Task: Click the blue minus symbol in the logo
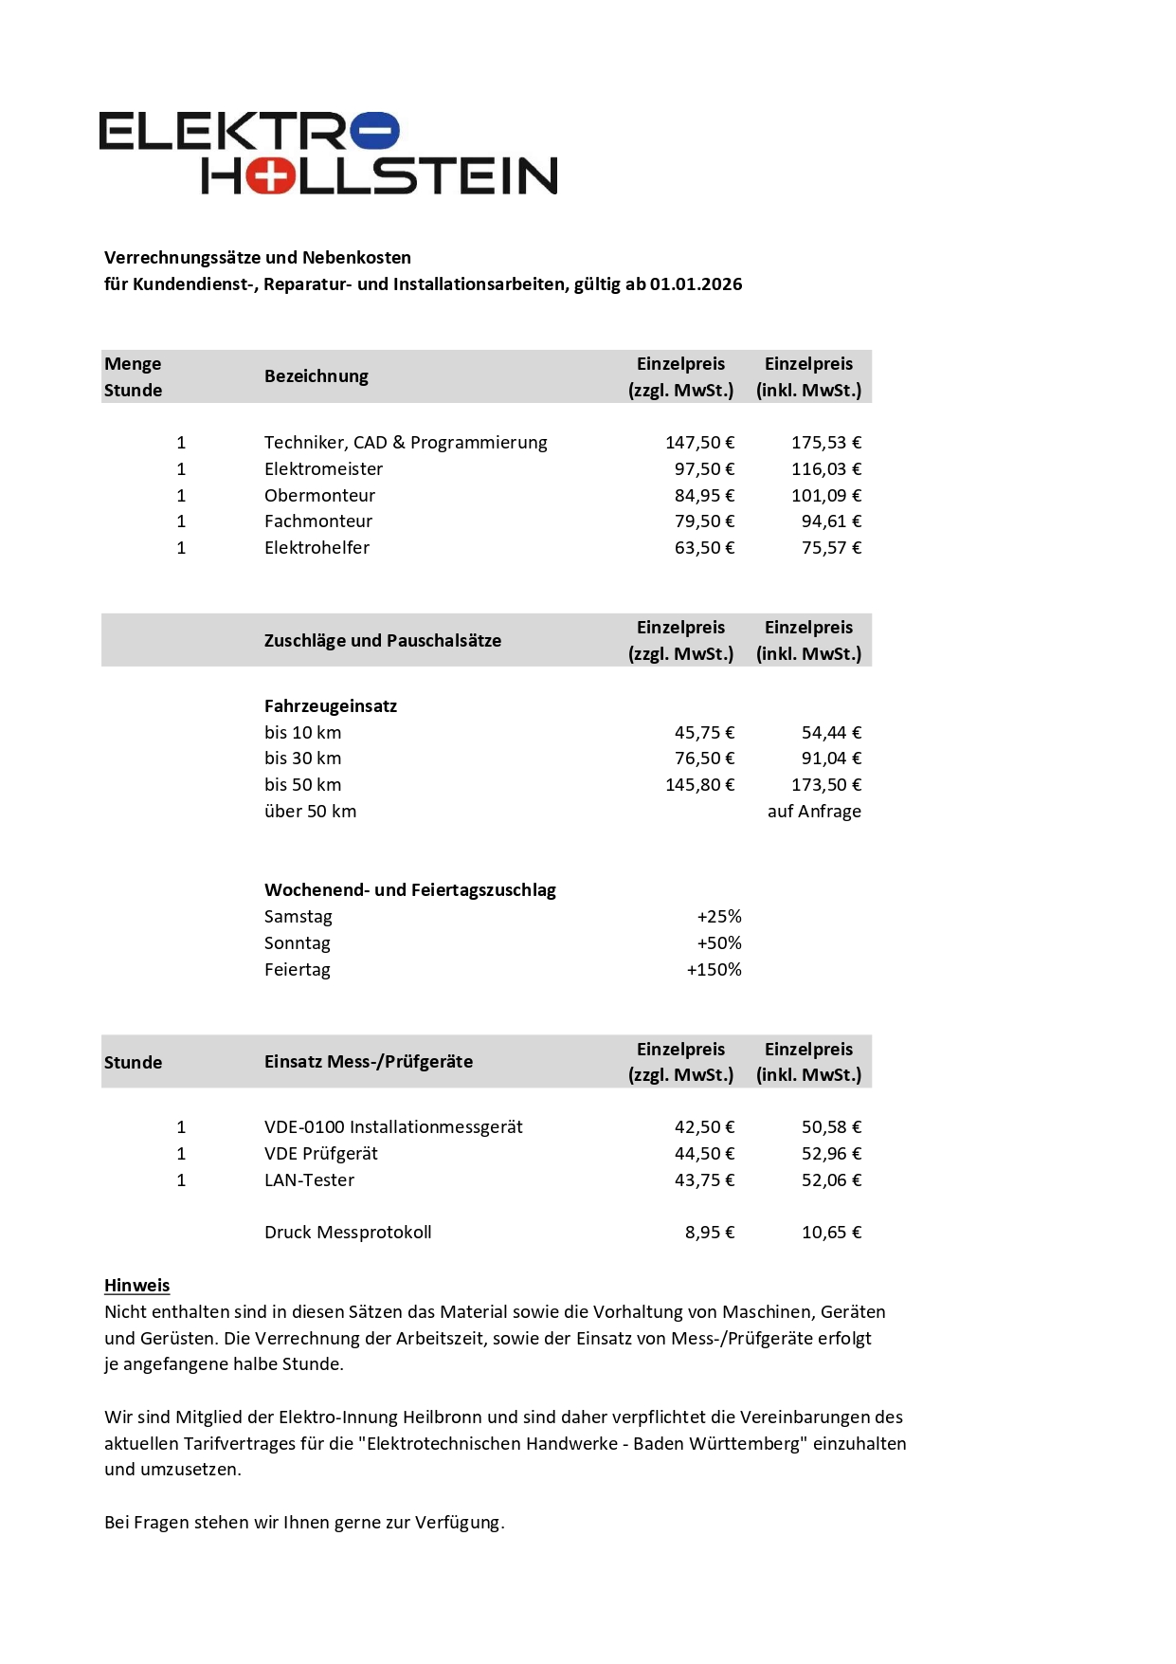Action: tap(375, 131)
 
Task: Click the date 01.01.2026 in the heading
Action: tap(696, 284)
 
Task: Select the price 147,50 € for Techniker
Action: tap(699, 443)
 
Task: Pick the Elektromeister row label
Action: tap(323, 469)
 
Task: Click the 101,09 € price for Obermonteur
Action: tap(826, 496)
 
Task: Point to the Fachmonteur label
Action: tap(318, 521)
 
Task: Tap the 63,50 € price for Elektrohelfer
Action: tap(704, 548)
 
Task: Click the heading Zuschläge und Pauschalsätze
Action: tap(383, 641)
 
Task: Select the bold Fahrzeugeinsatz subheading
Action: tap(331, 706)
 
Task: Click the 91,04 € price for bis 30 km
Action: tap(831, 759)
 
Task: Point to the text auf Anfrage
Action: tap(814, 812)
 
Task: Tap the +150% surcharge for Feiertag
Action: tap(714, 970)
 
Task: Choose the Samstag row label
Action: tap(299, 917)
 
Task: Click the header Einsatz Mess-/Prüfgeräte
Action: tap(369, 1062)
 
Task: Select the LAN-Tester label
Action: tap(309, 1180)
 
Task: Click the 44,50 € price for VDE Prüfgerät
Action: tap(704, 1154)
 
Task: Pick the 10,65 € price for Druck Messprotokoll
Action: tap(831, 1233)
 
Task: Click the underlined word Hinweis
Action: tap(137, 1286)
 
